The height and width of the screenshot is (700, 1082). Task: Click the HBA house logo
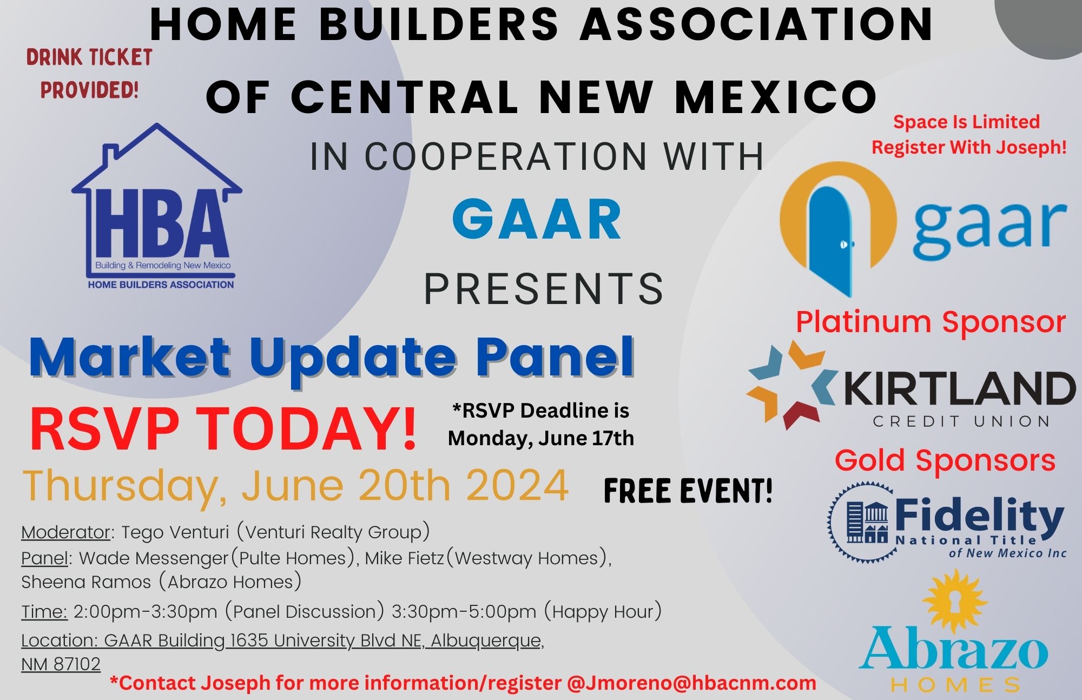tap(157, 206)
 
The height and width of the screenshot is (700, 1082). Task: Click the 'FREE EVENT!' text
tap(688, 491)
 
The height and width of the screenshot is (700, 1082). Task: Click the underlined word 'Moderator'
tap(65, 532)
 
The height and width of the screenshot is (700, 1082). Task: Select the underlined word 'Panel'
tap(45, 558)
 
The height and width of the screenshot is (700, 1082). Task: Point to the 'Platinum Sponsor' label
tap(931, 322)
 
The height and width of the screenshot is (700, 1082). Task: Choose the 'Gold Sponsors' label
tap(945, 461)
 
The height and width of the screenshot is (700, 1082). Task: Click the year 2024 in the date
tap(517, 485)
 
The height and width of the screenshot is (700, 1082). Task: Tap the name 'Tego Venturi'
tap(175, 532)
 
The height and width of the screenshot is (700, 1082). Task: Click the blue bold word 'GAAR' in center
tap(537, 219)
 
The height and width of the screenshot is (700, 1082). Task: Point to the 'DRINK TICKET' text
tap(89, 57)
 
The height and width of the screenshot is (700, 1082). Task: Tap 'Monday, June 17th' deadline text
tap(541, 438)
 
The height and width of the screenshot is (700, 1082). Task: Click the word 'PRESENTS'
tap(543, 288)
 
